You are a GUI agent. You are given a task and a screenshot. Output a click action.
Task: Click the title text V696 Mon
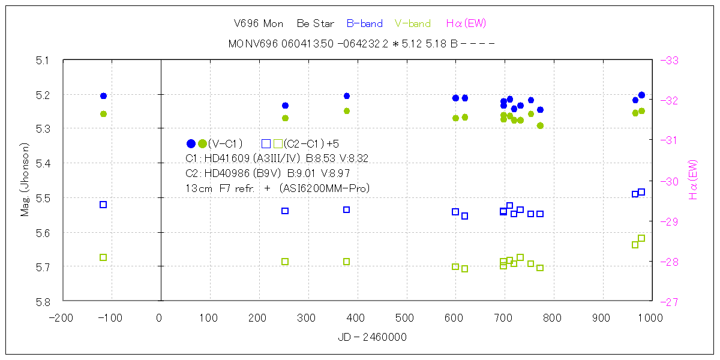[x=258, y=24]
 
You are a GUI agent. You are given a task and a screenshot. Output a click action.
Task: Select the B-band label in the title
[x=365, y=24]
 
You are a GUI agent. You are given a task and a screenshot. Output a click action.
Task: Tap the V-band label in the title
[x=413, y=24]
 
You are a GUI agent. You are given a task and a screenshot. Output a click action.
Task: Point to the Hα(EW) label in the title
[x=466, y=24]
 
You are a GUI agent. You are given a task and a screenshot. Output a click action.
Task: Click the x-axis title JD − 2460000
[x=372, y=337]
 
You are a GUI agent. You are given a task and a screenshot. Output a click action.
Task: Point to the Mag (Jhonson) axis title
[x=25, y=180]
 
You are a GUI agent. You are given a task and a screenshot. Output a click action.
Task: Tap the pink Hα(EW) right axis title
[x=693, y=180]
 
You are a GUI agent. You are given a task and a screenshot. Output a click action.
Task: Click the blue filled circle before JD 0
[x=103, y=96]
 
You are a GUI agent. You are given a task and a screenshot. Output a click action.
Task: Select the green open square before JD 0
[x=103, y=257]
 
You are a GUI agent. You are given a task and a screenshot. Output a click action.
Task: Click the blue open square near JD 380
[x=347, y=209]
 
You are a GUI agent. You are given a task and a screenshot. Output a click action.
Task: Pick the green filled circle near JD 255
[x=285, y=118]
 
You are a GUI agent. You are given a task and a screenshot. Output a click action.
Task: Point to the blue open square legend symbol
[x=266, y=143]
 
